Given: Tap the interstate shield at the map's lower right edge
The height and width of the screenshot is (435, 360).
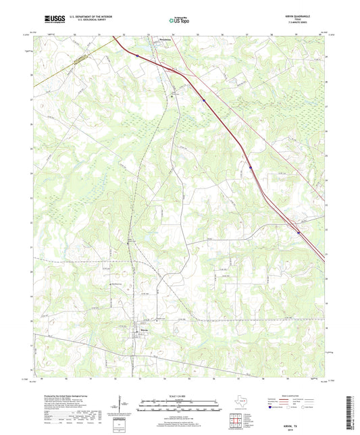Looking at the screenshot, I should (298, 228).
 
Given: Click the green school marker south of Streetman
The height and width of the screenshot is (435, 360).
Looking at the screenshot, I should (172, 96).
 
